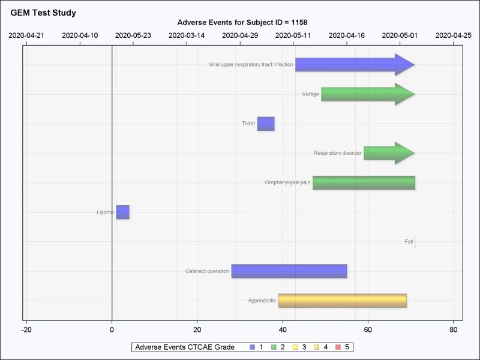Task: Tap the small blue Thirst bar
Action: click(x=266, y=124)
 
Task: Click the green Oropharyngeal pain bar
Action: click(x=364, y=182)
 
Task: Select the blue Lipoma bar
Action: click(x=122, y=212)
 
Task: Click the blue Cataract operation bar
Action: click(x=289, y=271)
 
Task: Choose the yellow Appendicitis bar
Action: click(x=342, y=301)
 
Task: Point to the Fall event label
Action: click(x=409, y=242)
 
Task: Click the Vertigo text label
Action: click(x=311, y=94)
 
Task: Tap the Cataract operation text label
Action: click(x=207, y=271)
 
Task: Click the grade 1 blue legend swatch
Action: click(x=253, y=347)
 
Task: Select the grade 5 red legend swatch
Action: click(x=339, y=347)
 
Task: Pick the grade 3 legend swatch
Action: click(x=296, y=347)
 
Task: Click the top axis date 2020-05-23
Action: click(x=133, y=35)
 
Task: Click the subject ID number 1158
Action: click(x=299, y=22)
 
